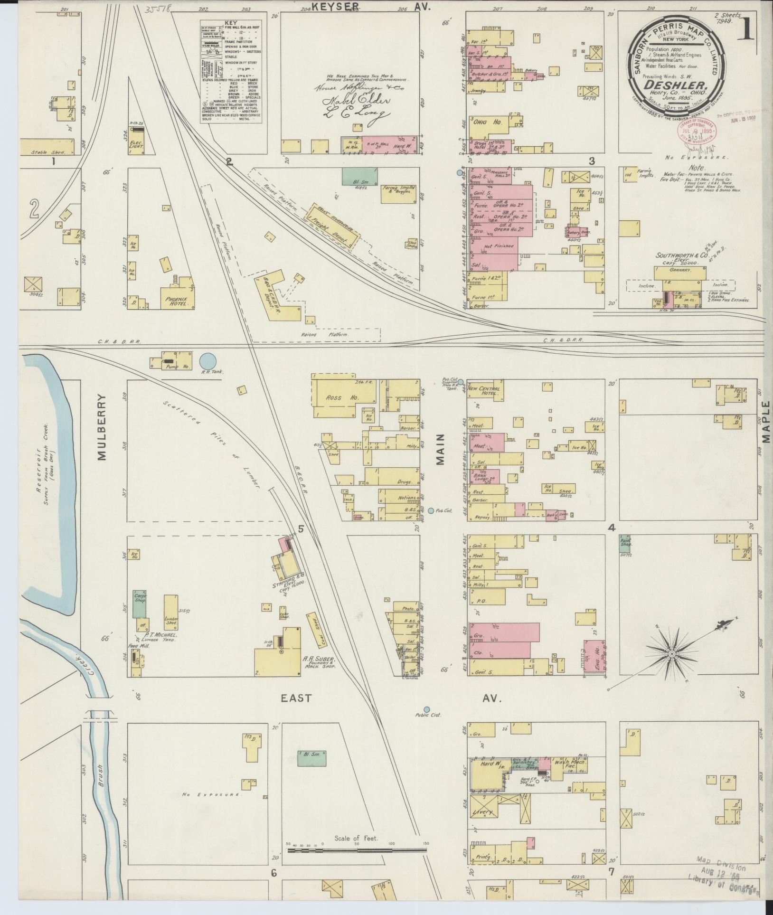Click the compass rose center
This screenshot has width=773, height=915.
pyautogui.click(x=672, y=654)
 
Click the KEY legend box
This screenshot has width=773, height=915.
pyautogui.click(x=231, y=71)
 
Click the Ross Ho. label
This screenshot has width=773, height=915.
pyautogui.click(x=337, y=398)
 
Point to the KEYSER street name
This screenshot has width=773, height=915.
pyautogui.click(x=335, y=6)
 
